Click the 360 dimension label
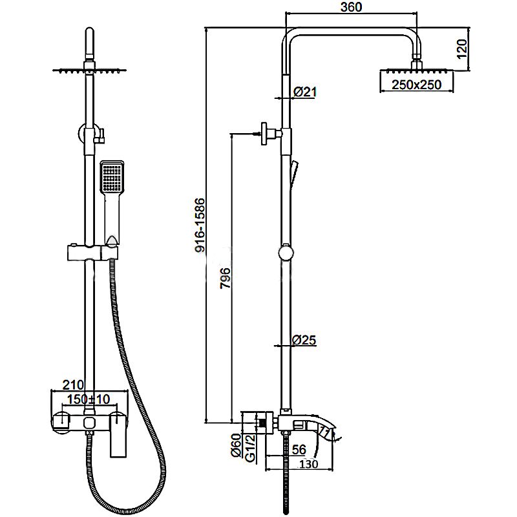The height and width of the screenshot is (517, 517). pos(351,7)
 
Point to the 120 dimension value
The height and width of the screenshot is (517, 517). pos(462,49)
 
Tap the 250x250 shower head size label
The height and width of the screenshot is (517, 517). pos(416,85)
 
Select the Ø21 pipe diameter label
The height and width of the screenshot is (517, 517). pos(304,92)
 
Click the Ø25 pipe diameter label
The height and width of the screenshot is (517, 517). pos(304,340)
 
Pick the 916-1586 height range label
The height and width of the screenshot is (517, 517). pos(200,225)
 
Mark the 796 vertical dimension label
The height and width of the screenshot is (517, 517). pos(226,279)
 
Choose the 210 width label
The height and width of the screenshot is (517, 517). pos(73,385)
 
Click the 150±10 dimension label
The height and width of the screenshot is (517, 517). pos(88,399)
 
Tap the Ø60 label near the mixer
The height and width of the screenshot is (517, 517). pos(237,445)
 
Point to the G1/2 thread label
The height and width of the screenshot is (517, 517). pos(251,445)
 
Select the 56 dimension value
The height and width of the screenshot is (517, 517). pos(299,449)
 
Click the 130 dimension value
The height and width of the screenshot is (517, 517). pos(309,464)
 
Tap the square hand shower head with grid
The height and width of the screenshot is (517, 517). pos(112,176)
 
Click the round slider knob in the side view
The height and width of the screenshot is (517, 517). pos(286,253)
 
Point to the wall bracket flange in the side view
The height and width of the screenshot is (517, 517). pos(264,134)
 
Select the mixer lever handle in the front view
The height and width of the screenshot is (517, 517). pos(118,434)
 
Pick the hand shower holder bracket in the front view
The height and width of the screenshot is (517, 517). pos(92,253)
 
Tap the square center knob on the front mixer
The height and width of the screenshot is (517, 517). pos(89,422)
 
